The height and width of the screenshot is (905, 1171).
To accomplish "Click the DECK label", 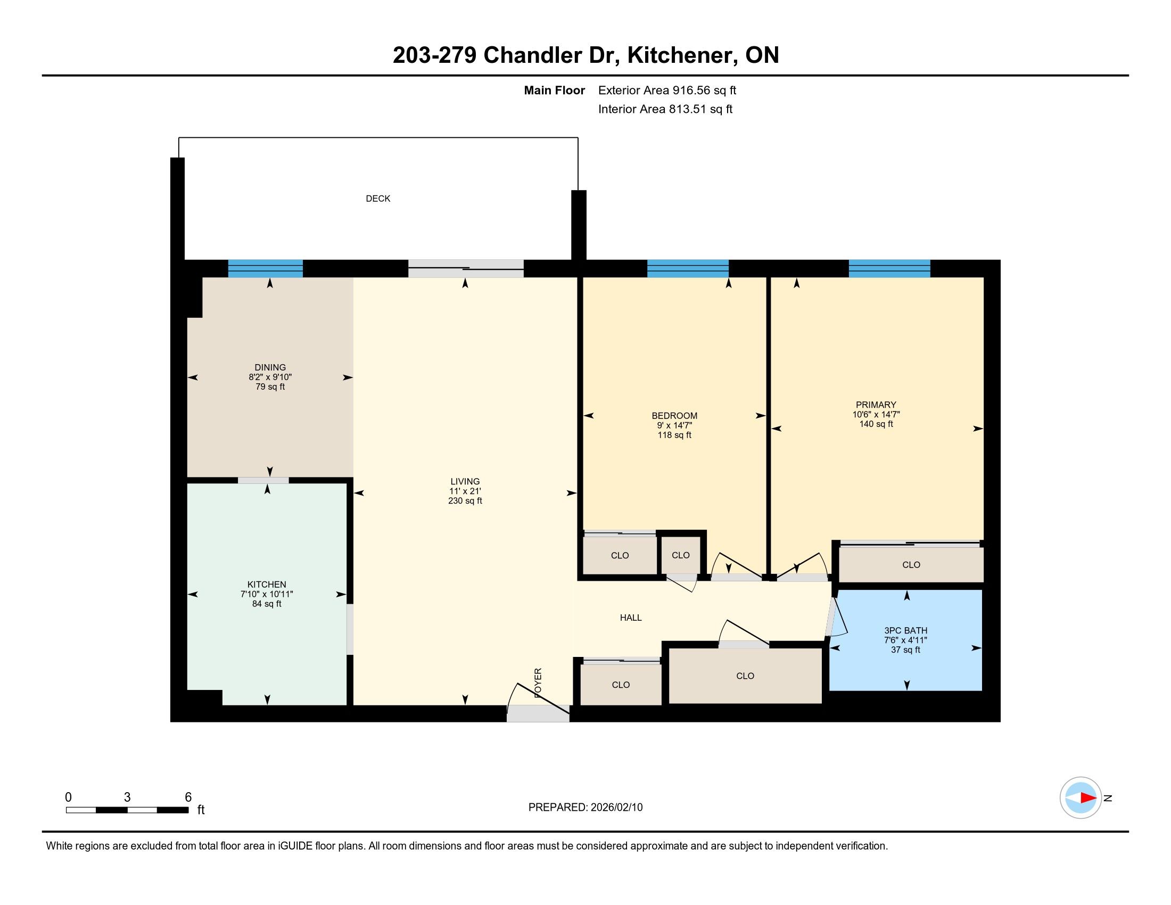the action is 378,199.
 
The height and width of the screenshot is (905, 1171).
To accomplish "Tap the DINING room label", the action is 270,367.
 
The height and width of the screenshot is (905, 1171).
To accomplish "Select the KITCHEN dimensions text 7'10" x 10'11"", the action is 267,594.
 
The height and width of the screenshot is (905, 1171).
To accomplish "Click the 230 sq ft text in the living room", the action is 465,501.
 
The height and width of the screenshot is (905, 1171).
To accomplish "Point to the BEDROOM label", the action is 674,416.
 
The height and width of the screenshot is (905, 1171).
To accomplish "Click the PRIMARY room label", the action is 876,405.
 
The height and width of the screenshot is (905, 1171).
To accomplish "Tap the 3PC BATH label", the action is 905,630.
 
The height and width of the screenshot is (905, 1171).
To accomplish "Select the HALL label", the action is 631,618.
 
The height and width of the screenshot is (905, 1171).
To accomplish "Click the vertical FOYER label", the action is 538,682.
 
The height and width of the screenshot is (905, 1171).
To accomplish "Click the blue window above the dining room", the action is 266,268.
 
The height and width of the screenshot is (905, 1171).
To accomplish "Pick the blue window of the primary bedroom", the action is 889,268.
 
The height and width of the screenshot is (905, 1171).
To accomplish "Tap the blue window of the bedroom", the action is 688,268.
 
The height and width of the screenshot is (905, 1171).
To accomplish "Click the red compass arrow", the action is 1088,798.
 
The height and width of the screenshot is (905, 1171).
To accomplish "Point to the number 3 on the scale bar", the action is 127,797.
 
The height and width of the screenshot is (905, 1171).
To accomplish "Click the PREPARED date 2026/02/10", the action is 616,808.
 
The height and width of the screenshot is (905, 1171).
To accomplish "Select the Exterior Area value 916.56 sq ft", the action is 705,90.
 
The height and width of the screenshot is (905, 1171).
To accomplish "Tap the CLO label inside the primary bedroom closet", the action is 911,564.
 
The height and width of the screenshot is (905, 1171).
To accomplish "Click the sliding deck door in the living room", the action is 466,268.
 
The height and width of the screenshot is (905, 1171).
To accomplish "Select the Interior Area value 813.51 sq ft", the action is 700,109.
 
